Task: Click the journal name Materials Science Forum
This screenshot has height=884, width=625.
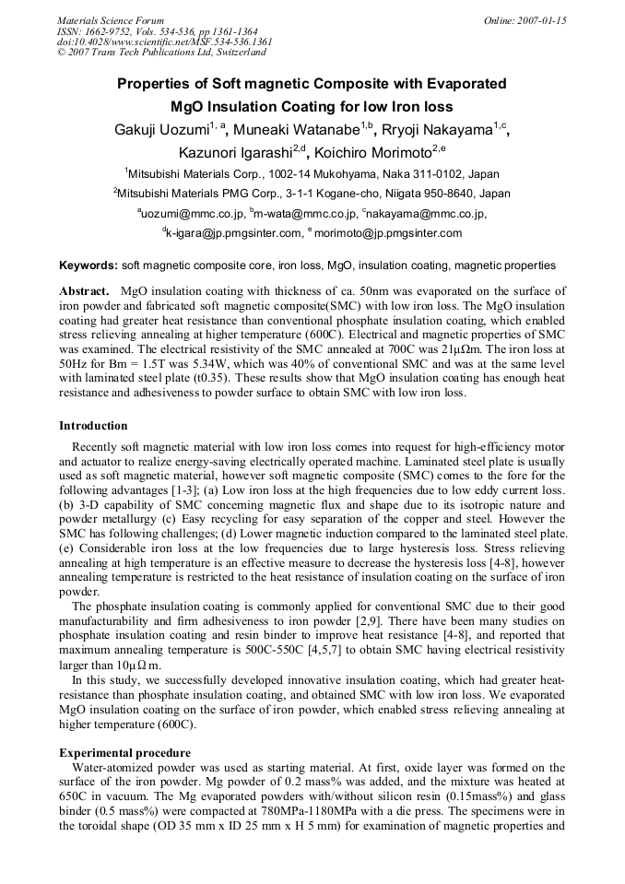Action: [111, 19]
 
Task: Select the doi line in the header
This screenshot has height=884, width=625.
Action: [165, 41]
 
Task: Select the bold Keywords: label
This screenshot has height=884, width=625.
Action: [88, 265]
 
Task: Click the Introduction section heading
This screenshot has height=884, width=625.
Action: [93, 425]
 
